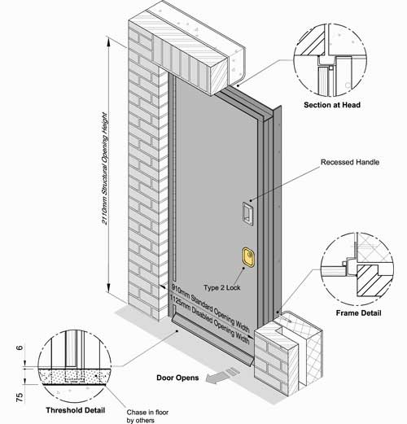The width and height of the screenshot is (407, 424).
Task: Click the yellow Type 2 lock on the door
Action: pyautogui.click(x=248, y=257)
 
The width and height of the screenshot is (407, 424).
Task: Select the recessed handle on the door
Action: pyautogui.click(x=247, y=213)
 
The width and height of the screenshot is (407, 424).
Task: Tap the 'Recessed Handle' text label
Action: pyautogui.click(x=350, y=162)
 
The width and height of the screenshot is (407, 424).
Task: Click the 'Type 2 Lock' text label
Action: pyautogui.click(x=222, y=287)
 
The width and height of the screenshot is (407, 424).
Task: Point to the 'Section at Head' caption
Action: pyautogui.click(x=332, y=105)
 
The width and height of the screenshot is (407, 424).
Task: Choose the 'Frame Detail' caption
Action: pyautogui.click(x=358, y=313)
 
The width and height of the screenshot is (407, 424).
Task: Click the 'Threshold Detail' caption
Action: pyautogui.click(x=75, y=410)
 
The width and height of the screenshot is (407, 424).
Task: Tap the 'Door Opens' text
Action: pyautogui.click(x=177, y=378)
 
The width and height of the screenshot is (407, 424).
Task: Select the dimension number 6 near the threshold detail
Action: pyautogui.click(x=20, y=348)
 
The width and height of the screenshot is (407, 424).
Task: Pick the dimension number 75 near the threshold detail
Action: pyautogui.click(x=20, y=398)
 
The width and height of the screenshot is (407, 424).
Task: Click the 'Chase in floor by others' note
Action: pyautogui.click(x=147, y=416)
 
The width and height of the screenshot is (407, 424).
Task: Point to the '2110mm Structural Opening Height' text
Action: pyautogui.click(x=105, y=168)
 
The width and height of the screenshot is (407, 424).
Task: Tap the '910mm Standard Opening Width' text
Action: pyautogui.click(x=210, y=308)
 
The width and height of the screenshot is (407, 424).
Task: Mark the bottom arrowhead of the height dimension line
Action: pyautogui.click(x=109, y=288)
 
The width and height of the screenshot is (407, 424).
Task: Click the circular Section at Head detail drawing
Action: pyautogui.click(x=330, y=59)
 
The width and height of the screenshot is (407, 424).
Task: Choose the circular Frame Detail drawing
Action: pyautogui.click(x=357, y=269)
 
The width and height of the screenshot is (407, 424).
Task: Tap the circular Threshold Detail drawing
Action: pyautogui.click(x=74, y=366)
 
